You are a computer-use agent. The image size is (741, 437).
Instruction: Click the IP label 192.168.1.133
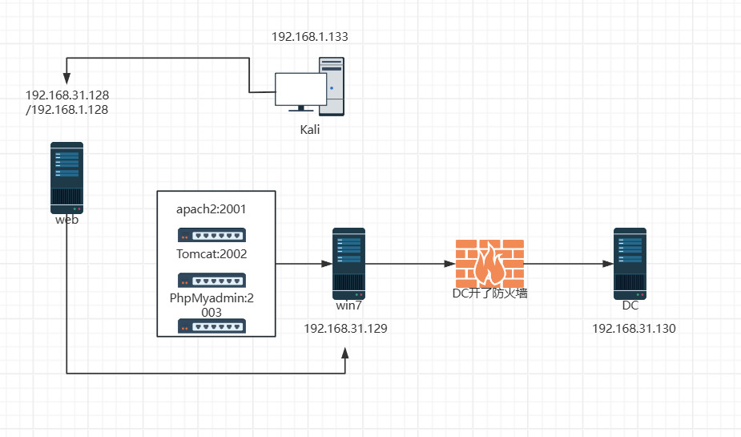click(x=309, y=36)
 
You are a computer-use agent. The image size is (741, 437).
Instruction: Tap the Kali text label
click(x=309, y=130)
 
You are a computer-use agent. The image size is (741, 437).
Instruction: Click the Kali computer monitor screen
click(x=300, y=89)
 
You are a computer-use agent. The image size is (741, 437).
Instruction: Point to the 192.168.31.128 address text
click(x=67, y=95)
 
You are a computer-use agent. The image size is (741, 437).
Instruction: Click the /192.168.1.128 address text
click(x=67, y=110)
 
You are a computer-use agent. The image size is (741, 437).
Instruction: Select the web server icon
click(x=66, y=178)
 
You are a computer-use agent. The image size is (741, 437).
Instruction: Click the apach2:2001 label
click(x=211, y=209)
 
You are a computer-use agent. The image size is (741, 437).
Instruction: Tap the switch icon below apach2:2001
click(x=211, y=235)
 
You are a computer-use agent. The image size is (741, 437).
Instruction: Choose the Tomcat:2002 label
click(x=211, y=254)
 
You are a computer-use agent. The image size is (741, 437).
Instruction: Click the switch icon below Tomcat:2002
click(x=211, y=280)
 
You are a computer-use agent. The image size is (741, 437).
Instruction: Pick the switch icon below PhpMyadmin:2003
click(x=211, y=326)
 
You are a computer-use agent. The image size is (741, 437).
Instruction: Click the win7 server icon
click(x=348, y=264)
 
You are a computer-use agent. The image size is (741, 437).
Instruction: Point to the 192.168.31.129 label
click(x=345, y=328)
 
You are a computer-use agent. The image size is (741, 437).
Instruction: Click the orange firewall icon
click(x=489, y=263)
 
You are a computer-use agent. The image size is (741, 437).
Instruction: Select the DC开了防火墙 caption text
click(x=489, y=293)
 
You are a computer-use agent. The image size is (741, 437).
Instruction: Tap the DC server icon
click(x=630, y=264)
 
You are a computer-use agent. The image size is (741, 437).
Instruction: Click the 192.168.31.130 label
click(x=634, y=328)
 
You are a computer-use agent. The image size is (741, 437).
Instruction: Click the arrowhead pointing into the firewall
click(x=450, y=264)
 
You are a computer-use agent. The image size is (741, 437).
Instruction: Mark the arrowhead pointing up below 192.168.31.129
click(x=345, y=354)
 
